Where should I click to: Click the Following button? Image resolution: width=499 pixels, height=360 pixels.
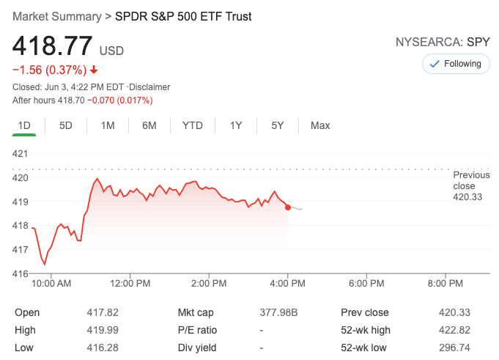tap(456, 64)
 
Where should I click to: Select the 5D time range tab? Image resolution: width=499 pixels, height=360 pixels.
tap(66, 125)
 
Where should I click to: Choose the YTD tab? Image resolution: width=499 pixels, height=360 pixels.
tap(192, 125)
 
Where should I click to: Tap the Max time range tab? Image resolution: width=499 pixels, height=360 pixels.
tap(320, 125)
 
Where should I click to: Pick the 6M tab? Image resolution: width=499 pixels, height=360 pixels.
tap(149, 125)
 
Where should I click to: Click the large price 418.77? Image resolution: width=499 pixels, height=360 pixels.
tap(52, 46)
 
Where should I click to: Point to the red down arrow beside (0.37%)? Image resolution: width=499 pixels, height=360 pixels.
tap(94, 70)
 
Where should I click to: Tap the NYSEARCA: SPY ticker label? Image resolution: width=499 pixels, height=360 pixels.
tap(442, 42)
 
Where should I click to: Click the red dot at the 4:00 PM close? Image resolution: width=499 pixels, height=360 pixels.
tap(288, 207)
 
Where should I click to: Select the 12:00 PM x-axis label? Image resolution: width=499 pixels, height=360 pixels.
tap(130, 283)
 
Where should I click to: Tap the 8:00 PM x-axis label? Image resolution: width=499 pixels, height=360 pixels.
tap(446, 283)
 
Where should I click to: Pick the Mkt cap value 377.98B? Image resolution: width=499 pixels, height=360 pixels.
tap(279, 312)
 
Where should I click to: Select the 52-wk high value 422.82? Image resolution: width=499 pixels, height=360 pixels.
tap(454, 330)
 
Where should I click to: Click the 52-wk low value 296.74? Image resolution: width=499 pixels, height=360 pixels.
tap(454, 347)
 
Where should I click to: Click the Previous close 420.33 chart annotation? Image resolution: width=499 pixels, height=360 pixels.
tap(471, 186)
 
